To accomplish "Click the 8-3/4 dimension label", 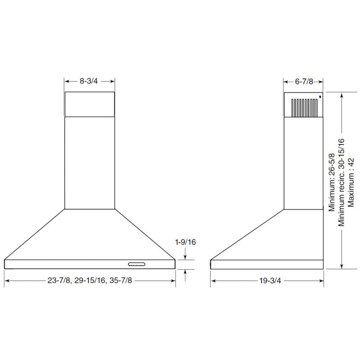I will click(89, 81).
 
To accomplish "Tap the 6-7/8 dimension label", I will click(304, 81).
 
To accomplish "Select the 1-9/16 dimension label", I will click(185, 242).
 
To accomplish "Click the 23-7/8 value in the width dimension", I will click(58, 280).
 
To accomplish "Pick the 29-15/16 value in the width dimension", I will click(90, 280).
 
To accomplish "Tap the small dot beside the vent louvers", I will click(320, 96).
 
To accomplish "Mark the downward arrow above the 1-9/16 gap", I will click(185, 256).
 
